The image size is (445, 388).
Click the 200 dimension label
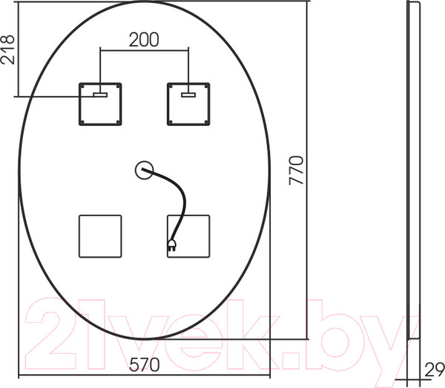[x=144, y=40]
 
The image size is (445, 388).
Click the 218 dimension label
[x=9, y=50]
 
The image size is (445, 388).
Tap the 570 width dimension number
[x=145, y=364]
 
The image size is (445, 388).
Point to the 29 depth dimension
[x=435, y=367]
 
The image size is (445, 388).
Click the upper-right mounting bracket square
[x=188, y=104]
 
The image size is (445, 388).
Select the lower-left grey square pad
[x=100, y=235]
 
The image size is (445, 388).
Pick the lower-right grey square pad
[x=188, y=235]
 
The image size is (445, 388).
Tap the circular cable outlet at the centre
[x=144, y=171]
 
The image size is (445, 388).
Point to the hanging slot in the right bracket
[x=188, y=94]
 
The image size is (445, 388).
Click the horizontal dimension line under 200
[x=144, y=51]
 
